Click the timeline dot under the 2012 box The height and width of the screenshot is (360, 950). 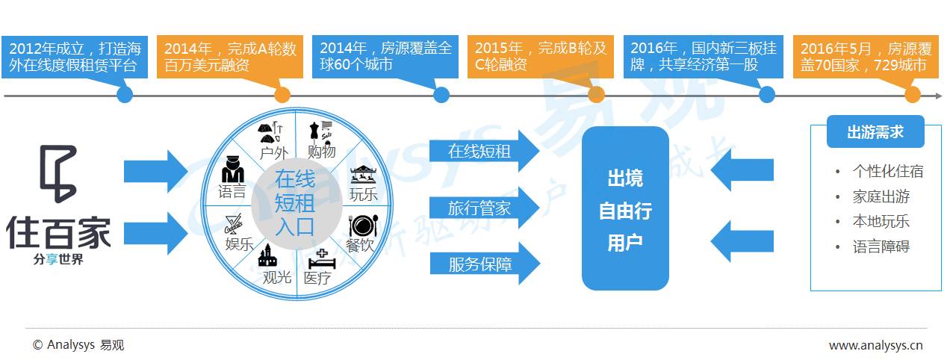coord(125,95)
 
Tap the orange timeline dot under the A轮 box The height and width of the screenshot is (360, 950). coord(282,95)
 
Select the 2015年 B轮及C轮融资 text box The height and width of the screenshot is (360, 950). coord(540,56)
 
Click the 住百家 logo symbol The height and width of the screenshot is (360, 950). coord(58,174)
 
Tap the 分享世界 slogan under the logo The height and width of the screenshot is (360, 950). coord(58,260)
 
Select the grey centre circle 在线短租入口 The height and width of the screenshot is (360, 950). coord(294,202)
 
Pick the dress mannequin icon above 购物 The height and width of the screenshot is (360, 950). coord(318,131)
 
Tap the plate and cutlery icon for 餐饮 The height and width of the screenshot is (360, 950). coord(362,226)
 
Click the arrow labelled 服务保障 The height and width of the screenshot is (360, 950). coord(484,264)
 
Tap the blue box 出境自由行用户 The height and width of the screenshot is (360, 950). coord(625,209)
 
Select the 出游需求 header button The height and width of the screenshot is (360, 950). coord(875,132)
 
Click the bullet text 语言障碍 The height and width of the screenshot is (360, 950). coord(881,246)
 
